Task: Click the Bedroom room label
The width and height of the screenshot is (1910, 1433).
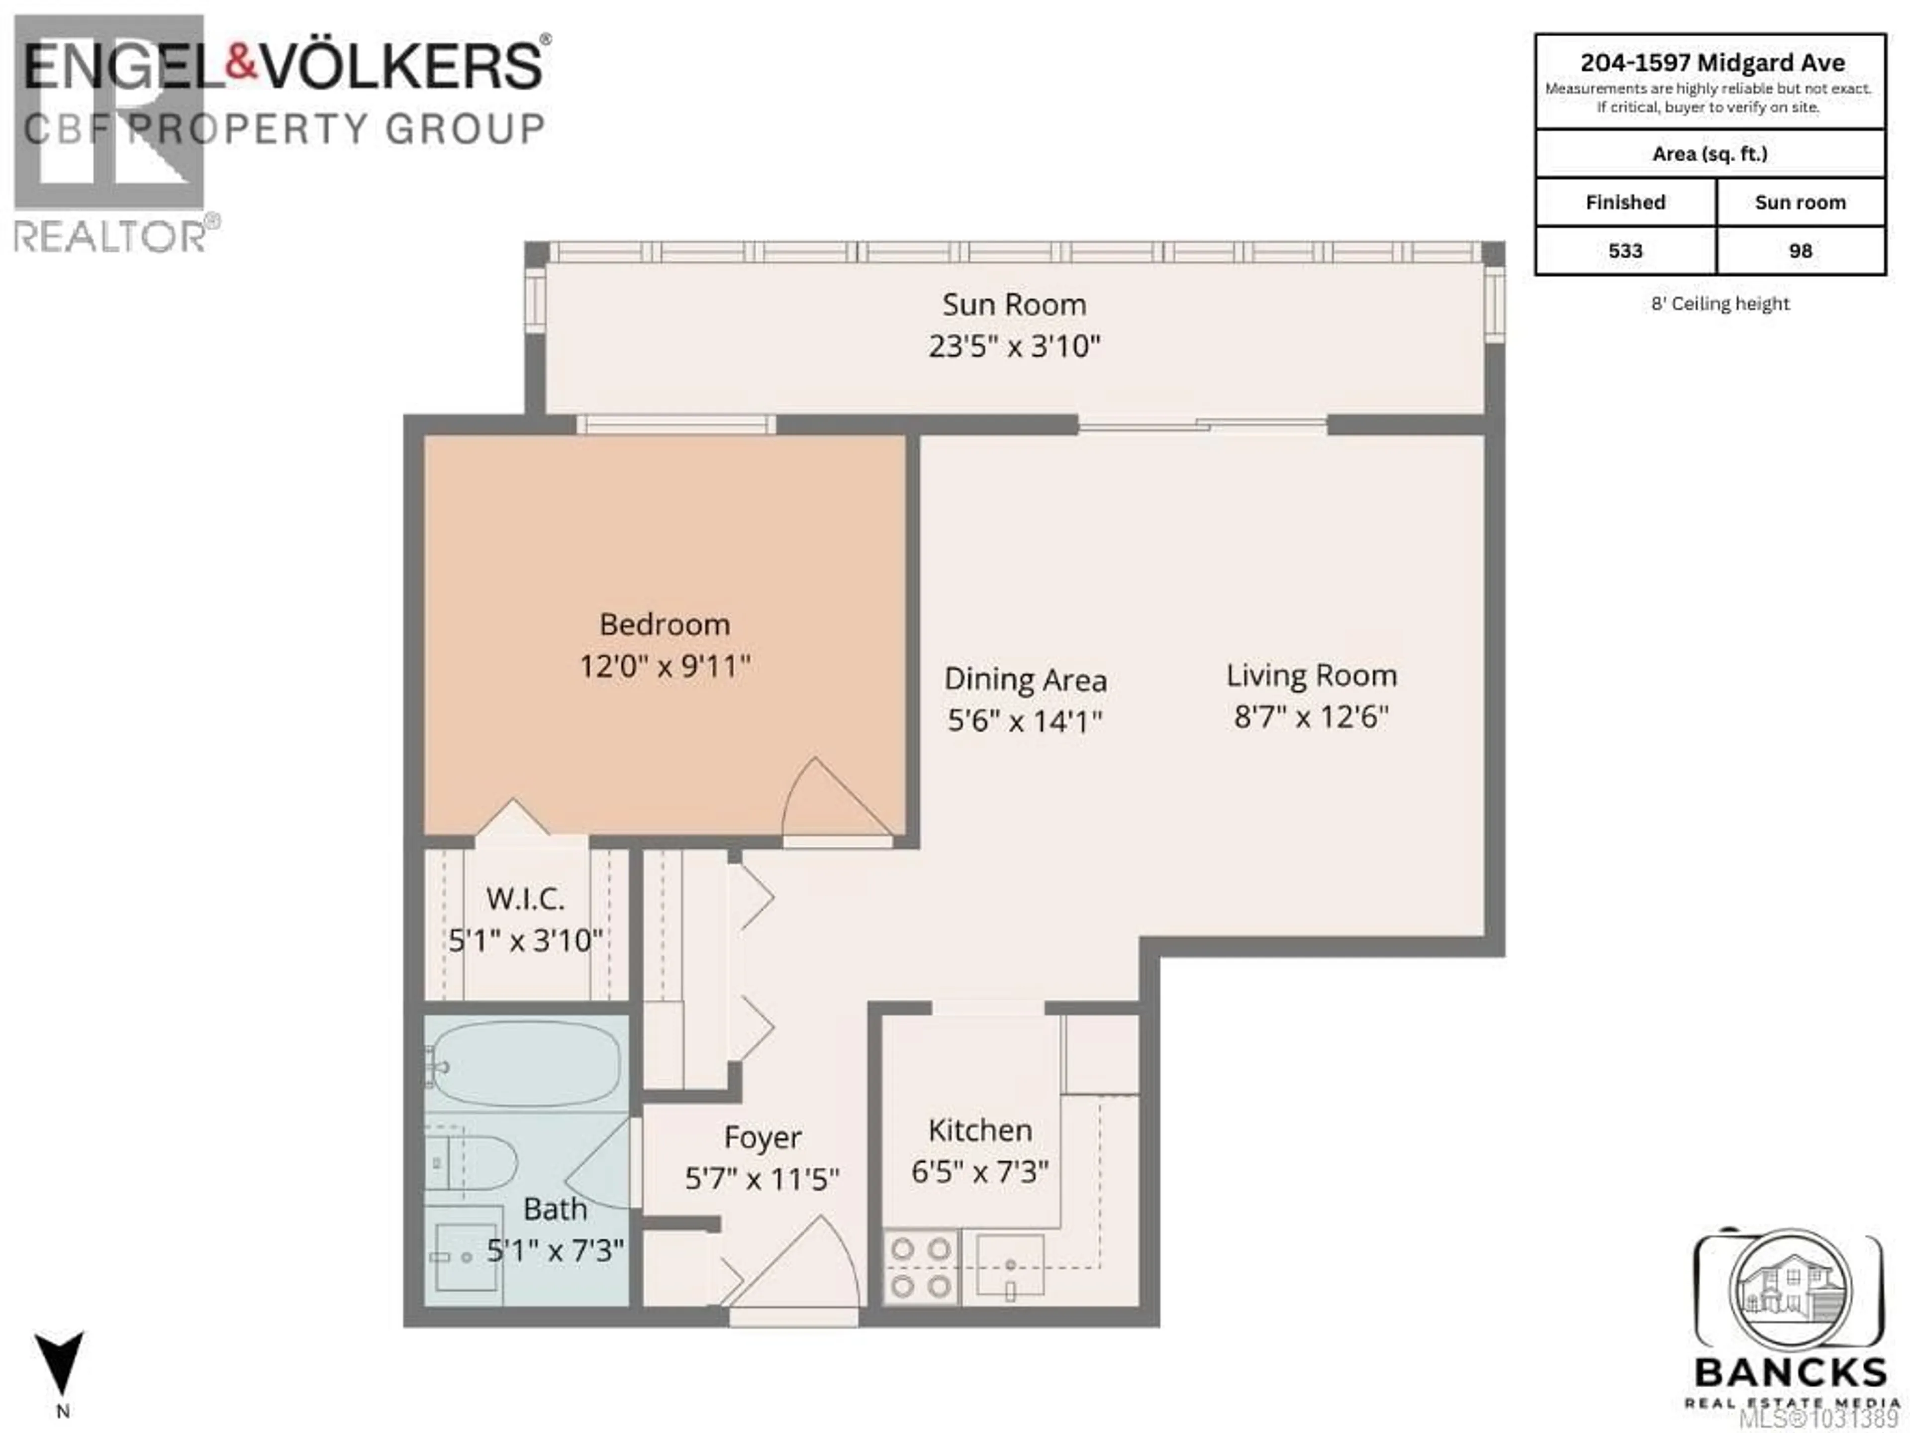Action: click(664, 624)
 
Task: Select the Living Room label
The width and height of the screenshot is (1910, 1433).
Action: click(1311, 676)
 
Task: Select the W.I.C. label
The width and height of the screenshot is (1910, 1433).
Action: click(525, 899)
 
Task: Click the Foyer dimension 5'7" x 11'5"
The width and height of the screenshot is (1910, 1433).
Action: click(762, 1178)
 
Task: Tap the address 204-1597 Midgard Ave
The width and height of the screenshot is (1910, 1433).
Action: click(1712, 63)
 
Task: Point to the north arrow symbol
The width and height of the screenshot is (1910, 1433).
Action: click(60, 1365)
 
